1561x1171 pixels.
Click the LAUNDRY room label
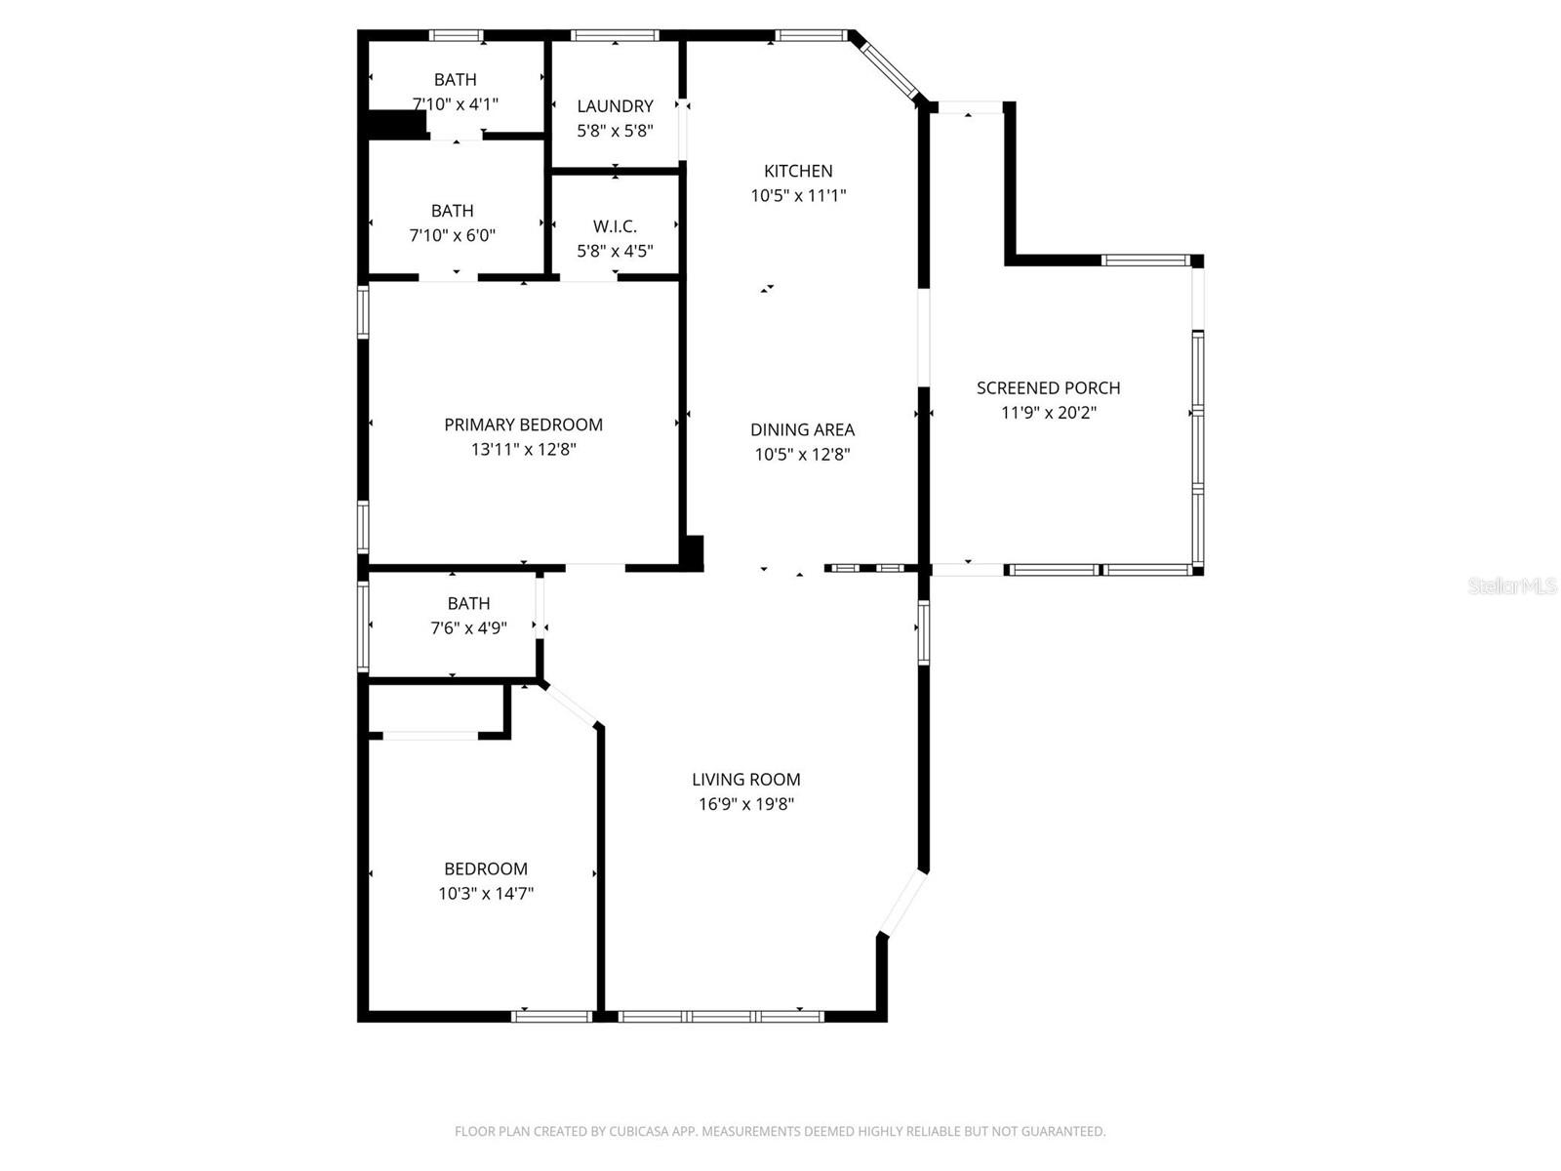click(615, 105)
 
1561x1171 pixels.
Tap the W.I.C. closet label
click(615, 226)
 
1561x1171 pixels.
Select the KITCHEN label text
click(798, 171)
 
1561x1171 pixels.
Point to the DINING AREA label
click(802, 429)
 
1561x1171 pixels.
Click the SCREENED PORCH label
click(1048, 387)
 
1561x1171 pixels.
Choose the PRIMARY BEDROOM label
click(523, 424)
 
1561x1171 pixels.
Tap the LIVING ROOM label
click(746, 779)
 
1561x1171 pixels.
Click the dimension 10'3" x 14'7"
click(486, 893)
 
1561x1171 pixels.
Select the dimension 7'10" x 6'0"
click(453, 235)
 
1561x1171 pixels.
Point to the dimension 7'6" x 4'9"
click(468, 628)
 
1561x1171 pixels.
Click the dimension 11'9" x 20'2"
click(1049, 413)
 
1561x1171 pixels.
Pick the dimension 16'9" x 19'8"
click(746, 804)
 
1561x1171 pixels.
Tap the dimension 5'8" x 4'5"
click(615, 251)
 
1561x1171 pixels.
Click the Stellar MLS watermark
click(1512, 586)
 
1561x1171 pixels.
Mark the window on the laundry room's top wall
click(615, 36)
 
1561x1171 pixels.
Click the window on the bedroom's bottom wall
click(552, 1016)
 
